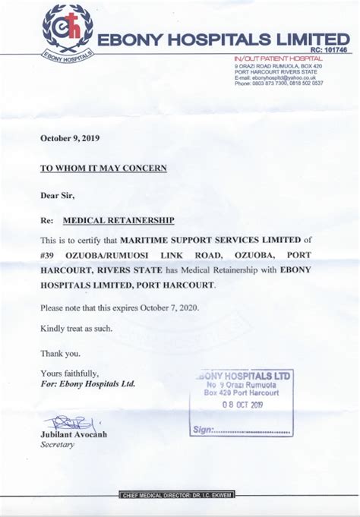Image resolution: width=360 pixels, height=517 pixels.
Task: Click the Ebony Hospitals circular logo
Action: coord(68,30)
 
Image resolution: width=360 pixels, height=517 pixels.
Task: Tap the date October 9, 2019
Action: coord(70,138)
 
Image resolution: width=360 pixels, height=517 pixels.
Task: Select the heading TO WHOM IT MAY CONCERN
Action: coord(103,168)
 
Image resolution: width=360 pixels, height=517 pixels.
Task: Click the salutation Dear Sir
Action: coord(58,195)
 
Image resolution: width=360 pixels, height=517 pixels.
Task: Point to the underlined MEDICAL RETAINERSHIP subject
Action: coord(118,220)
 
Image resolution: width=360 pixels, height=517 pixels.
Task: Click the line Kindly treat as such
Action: coord(76,328)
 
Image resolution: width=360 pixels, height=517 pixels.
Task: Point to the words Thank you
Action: coord(60,353)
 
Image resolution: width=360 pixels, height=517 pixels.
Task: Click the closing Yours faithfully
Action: coord(70,373)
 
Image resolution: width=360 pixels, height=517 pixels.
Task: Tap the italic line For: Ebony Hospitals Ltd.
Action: coord(87,384)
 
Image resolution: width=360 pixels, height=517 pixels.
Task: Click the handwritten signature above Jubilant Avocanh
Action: coord(70,422)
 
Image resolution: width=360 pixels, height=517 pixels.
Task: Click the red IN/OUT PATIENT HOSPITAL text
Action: coord(279,58)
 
